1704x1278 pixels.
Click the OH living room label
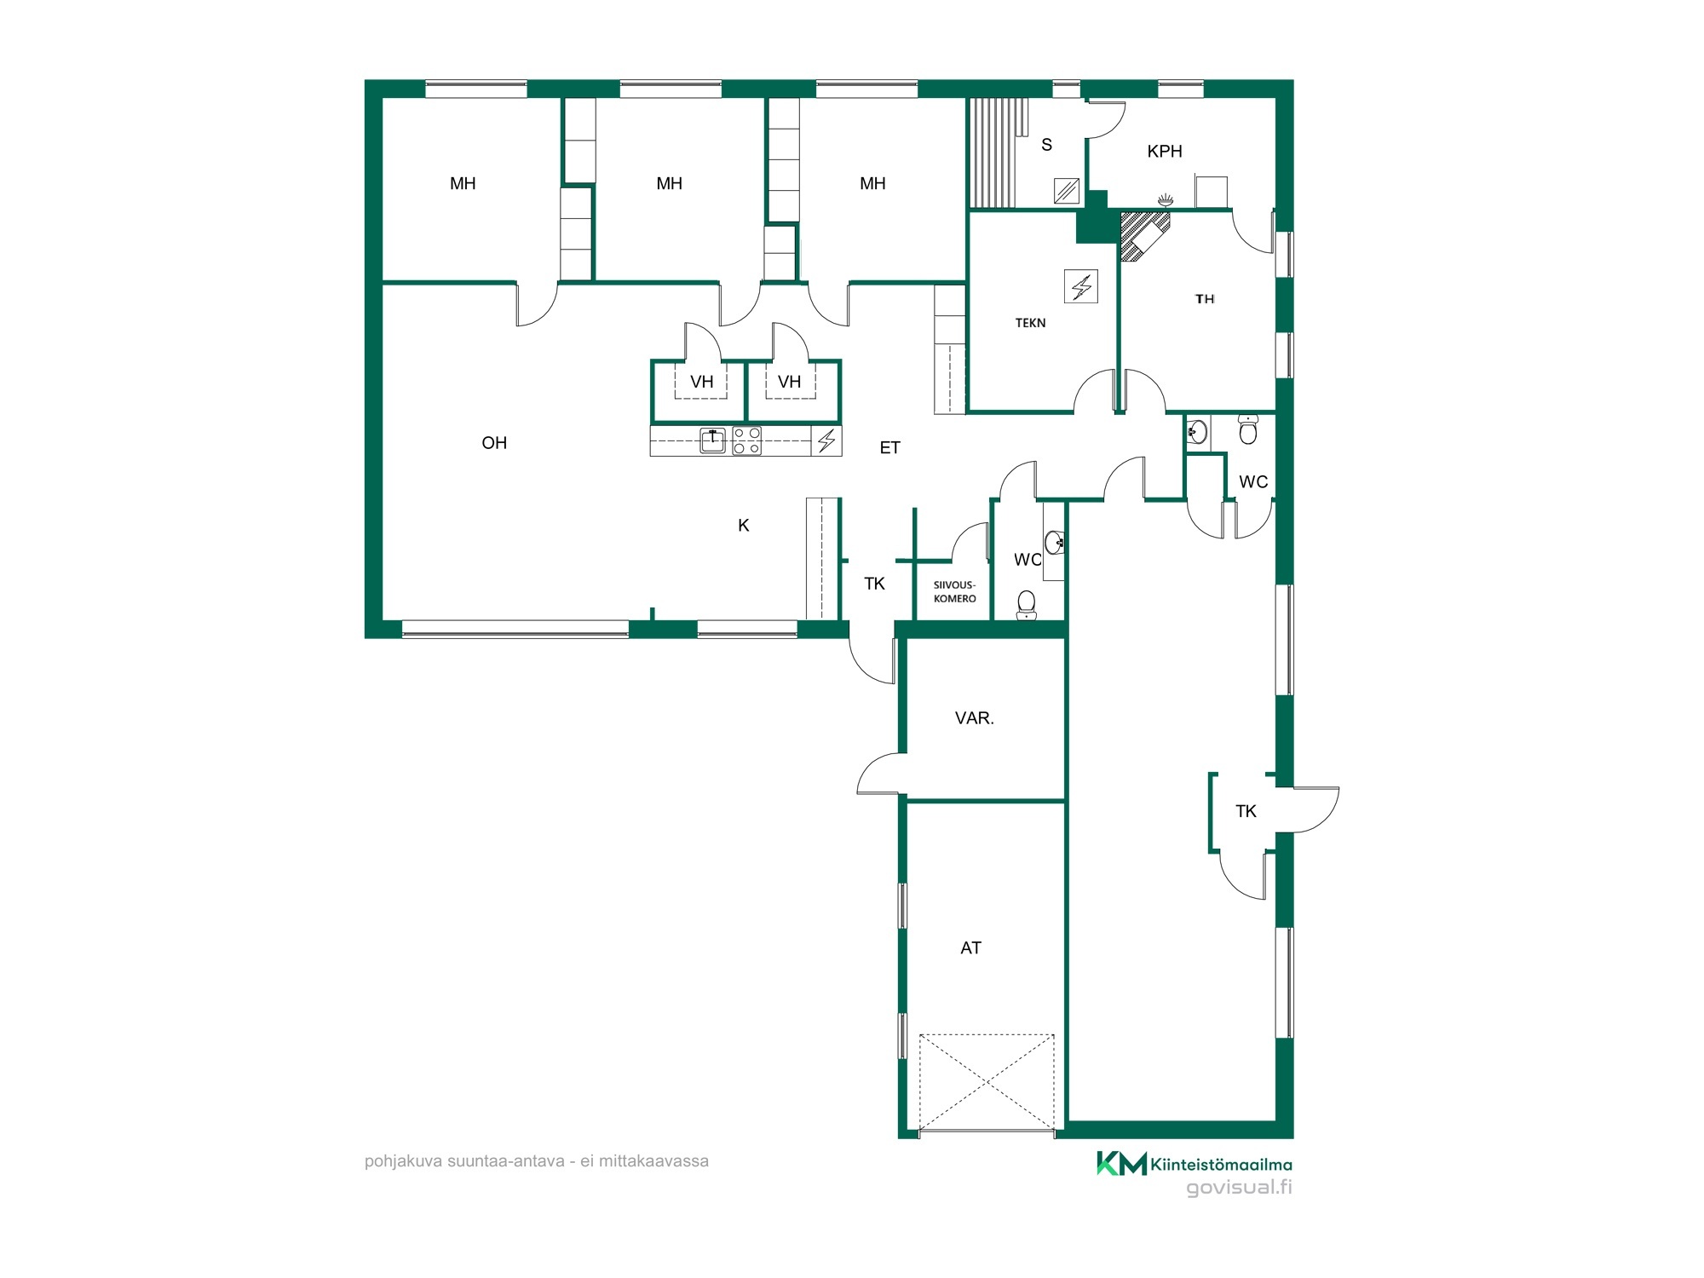[494, 443]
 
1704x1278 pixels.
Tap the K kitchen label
[744, 526]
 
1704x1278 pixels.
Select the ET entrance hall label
[890, 448]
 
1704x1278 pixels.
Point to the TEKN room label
[1031, 323]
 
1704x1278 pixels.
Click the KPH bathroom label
[1165, 152]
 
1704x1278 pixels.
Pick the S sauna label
[1047, 145]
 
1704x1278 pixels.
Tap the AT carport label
[971, 948]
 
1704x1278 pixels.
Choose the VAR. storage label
[975, 718]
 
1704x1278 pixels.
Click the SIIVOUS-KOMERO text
[955, 592]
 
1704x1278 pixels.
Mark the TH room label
[1205, 299]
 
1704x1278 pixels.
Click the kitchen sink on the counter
[712, 440]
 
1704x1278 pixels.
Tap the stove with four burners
[747, 440]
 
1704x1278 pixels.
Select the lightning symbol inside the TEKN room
[1081, 286]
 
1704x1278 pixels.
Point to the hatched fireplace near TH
[1143, 234]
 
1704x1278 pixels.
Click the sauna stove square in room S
[1067, 191]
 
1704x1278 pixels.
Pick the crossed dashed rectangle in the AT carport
[987, 1082]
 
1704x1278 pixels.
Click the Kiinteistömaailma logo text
[1221, 1165]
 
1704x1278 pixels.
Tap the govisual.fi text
[1240, 1188]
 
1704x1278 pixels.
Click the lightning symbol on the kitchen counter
[826, 440]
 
